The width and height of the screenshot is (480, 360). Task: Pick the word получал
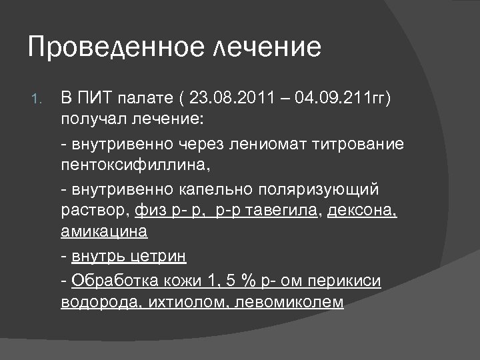[x=90, y=121]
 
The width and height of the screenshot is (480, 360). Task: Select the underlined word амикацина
[x=104, y=233]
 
